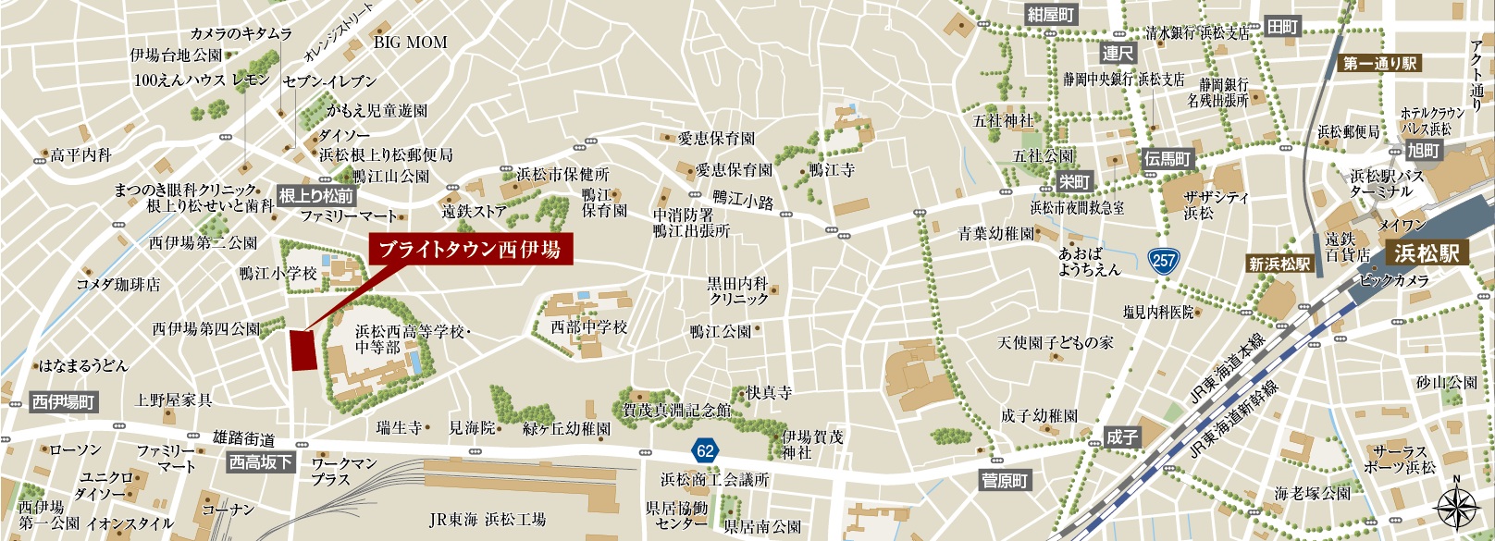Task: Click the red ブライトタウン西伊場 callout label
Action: click(471, 250)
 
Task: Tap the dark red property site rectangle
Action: click(303, 350)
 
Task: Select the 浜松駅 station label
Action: click(1426, 252)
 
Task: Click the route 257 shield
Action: click(1164, 260)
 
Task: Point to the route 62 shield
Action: click(705, 450)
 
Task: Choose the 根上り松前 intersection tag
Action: click(316, 195)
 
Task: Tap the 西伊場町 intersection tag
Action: click(64, 402)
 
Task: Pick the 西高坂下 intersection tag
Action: click(261, 461)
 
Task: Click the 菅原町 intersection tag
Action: click(1005, 480)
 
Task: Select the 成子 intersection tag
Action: click(1121, 436)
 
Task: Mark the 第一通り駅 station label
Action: click(1380, 64)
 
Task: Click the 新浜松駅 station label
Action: click(1279, 264)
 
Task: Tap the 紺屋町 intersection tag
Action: click(1051, 14)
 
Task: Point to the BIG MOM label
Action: click(410, 43)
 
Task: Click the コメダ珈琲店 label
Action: click(117, 285)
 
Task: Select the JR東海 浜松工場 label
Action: click(488, 520)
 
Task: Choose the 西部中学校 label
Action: click(588, 327)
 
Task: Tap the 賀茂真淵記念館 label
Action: click(676, 410)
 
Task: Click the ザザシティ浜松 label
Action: click(1216, 204)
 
